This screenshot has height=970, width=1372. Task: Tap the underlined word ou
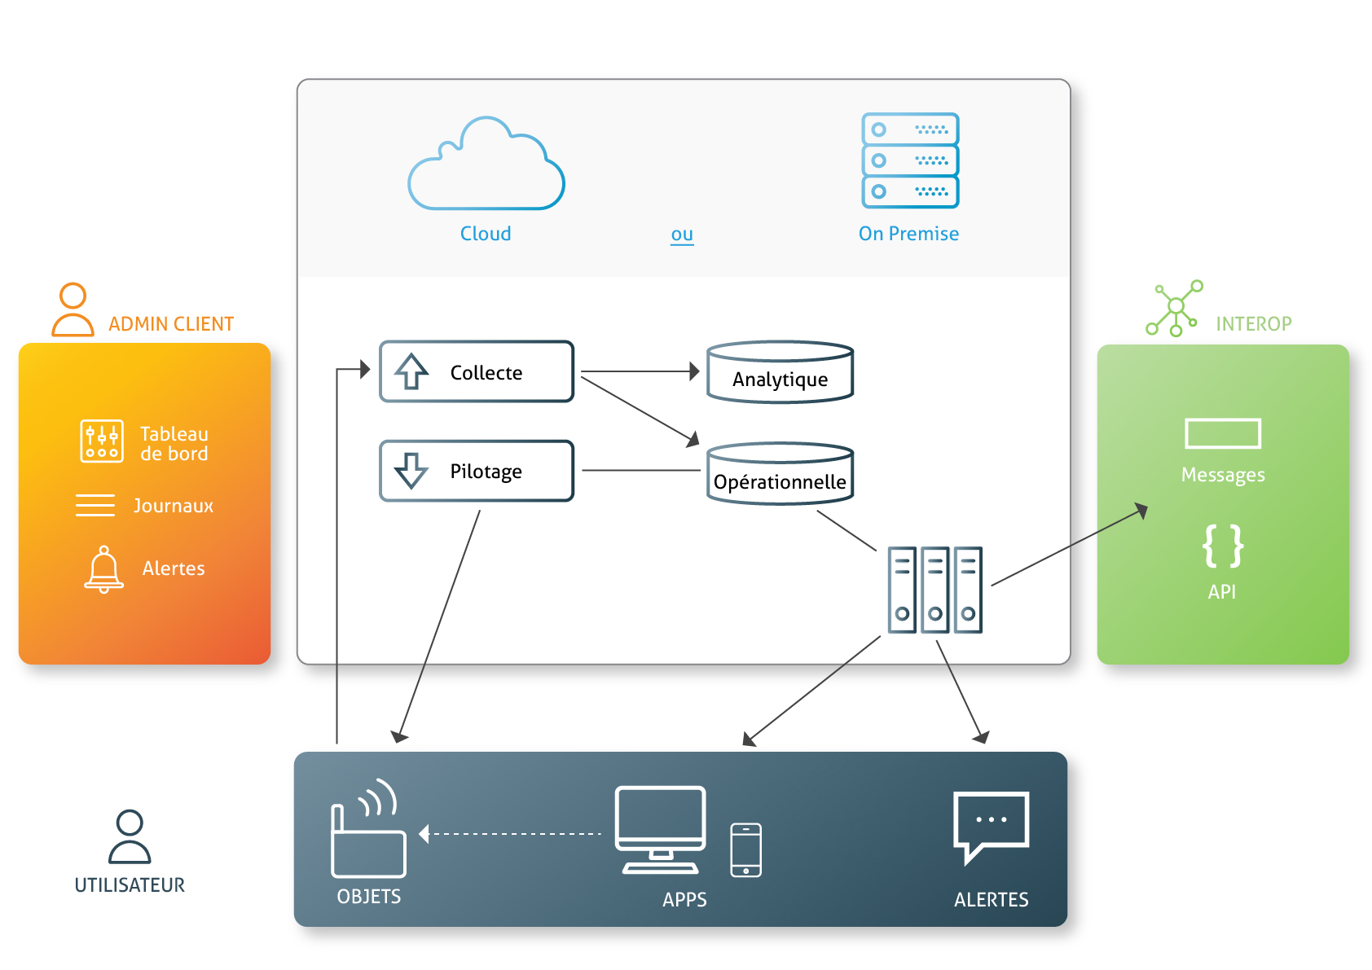(x=682, y=235)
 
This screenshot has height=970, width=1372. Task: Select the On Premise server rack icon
(x=910, y=160)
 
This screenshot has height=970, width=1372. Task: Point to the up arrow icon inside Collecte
(x=411, y=371)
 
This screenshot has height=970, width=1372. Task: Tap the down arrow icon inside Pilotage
(x=411, y=471)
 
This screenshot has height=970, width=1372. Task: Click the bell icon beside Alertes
(x=103, y=569)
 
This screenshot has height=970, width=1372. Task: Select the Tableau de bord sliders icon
(x=102, y=441)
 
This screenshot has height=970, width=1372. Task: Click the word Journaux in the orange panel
(x=174, y=506)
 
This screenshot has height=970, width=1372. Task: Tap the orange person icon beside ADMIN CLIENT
(x=73, y=309)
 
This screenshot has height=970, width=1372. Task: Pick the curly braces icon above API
(x=1223, y=546)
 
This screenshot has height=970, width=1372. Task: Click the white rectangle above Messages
(x=1223, y=433)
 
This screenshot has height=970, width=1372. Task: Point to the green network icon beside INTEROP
(x=1175, y=308)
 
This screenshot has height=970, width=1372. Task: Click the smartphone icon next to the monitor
(x=746, y=850)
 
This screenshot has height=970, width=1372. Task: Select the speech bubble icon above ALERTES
(x=991, y=827)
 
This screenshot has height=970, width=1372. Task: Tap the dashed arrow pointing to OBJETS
(x=509, y=834)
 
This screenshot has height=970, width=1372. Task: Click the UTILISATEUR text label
(x=130, y=885)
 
